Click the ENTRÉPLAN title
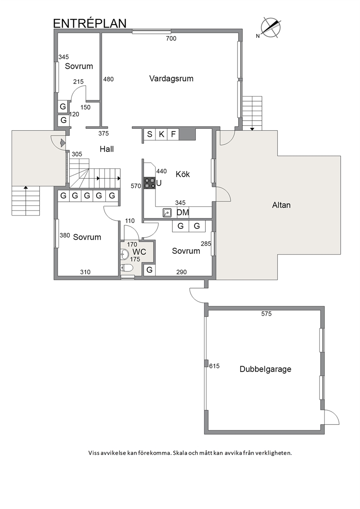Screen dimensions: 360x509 coord(90,23)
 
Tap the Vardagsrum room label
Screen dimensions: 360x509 coord(171,79)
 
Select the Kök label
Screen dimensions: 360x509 coord(183,174)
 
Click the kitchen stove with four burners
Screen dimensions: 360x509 coord(150,183)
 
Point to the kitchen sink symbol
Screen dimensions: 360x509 coord(167,213)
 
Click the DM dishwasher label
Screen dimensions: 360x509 coord(183,213)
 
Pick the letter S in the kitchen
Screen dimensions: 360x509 coord(150,134)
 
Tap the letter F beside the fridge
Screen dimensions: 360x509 coord(173,134)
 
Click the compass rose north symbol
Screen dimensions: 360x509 coord(270,28)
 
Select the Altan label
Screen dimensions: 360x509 coord(281,205)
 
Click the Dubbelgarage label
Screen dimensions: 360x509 coord(265,369)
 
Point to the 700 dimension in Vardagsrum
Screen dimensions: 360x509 coord(171,38)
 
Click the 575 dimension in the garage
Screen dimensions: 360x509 coord(266,314)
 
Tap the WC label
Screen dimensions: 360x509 coord(139,252)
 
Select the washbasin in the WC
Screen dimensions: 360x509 coord(125,254)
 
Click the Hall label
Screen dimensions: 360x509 coord(107,149)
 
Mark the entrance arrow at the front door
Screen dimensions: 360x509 coord(63,143)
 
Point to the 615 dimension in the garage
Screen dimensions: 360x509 coord(214,366)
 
